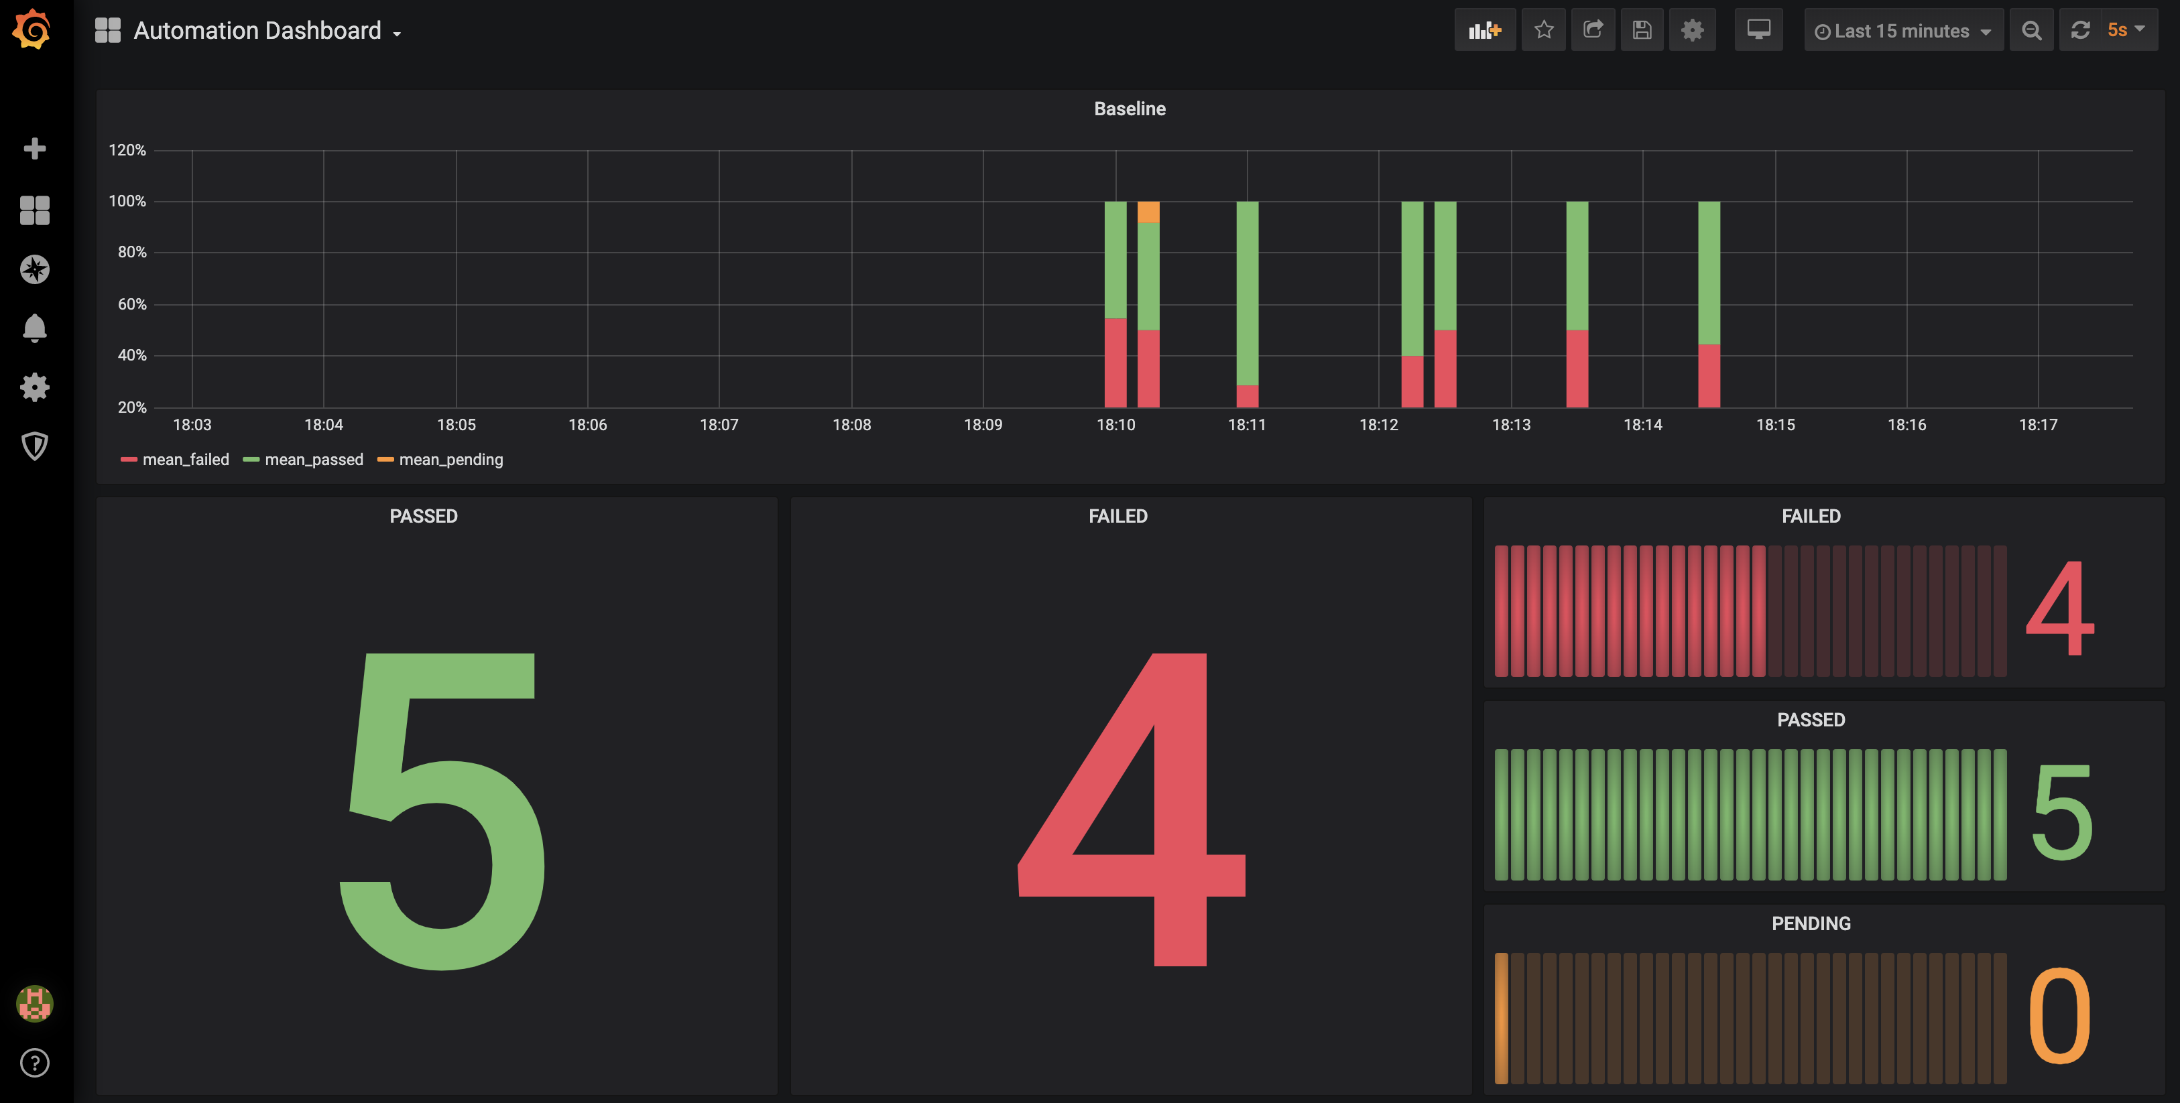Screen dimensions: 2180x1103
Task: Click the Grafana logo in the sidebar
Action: [x=32, y=29]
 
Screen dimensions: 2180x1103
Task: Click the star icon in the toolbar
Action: [x=1544, y=29]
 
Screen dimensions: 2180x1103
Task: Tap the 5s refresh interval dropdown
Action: [x=2125, y=29]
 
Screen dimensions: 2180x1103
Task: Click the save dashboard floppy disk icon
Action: [x=1642, y=29]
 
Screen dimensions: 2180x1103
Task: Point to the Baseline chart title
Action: [x=1130, y=109]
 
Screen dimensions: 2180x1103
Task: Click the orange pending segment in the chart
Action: [x=1148, y=212]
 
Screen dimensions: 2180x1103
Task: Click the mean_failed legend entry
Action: [x=175, y=459]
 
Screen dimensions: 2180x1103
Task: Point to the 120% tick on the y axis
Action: [x=127, y=149]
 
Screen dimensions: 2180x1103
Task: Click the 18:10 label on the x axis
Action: [x=1115, y=425]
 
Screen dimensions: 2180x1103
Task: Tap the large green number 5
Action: [x=441, y=810]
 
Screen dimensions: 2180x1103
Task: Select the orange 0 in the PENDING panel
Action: [x=2059, y=1016]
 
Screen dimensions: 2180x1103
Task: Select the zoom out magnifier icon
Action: [x=2031, y=29]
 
